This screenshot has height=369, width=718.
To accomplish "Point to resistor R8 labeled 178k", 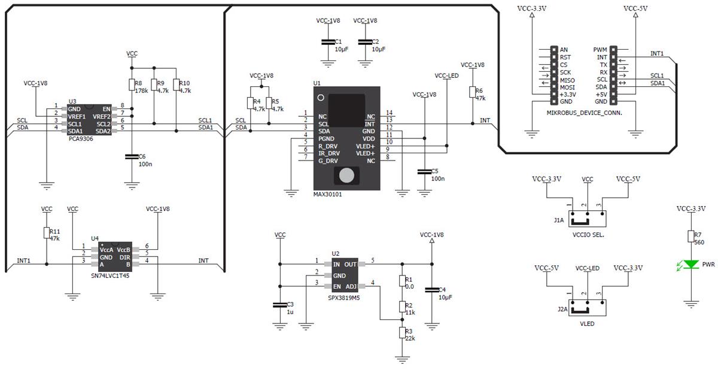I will [132, 86].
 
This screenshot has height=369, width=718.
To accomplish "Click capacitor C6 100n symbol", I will [132, 157].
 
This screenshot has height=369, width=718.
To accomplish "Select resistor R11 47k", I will [47, 234].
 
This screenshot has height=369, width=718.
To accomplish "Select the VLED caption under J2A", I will [588, 323].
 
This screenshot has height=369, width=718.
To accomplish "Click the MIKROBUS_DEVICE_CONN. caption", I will [585, 112].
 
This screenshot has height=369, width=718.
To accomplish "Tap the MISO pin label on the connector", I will [567, 80].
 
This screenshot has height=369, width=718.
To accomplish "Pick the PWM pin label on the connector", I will [600, 50].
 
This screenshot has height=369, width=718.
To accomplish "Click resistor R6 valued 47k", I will [472, 92].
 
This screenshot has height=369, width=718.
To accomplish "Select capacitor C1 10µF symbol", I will [327, 42].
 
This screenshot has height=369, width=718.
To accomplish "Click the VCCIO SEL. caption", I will [588, 235].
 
